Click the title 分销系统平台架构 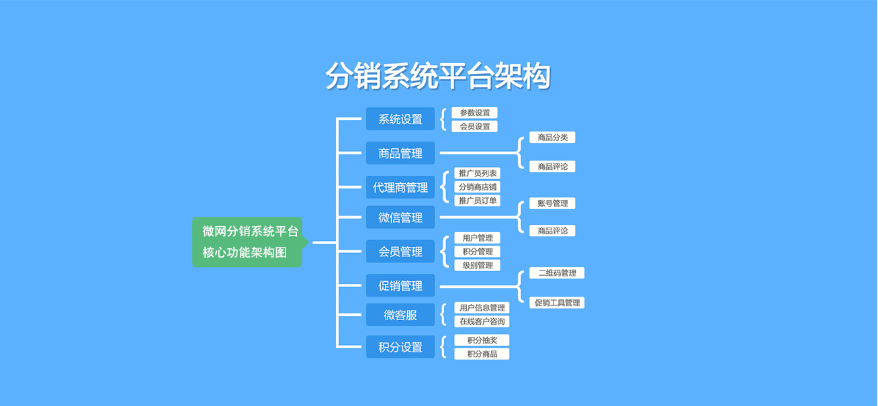point(438,76)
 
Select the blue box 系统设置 point(400,119)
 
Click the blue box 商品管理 point(400,153)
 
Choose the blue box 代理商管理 point(400,187)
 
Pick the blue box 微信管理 point(400,217)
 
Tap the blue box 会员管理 point(400,251)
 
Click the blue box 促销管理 point(400,285)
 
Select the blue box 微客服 point(400,315)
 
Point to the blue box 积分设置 point(400,347)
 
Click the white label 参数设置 point(475,113)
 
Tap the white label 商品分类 point(552,138)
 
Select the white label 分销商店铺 point(478,187)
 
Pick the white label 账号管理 point(552,203)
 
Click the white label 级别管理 point(478,265)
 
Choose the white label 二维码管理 point(557,273)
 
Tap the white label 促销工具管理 point(557,303)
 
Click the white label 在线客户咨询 point(482,321)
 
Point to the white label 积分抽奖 point(482,340)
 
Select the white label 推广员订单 point(478,201)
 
